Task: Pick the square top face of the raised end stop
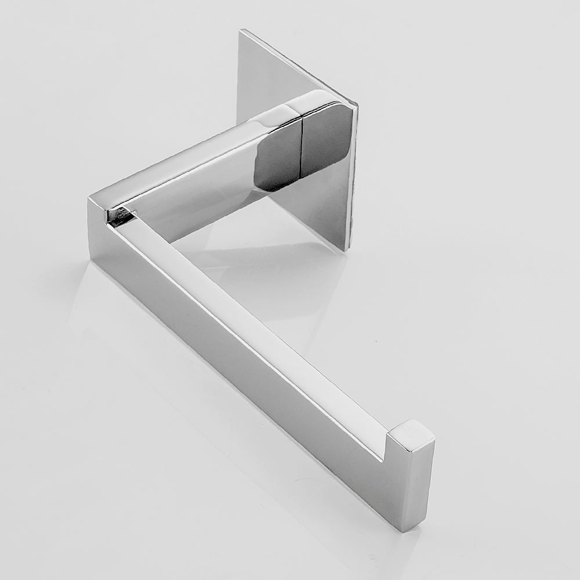click(412, 436)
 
